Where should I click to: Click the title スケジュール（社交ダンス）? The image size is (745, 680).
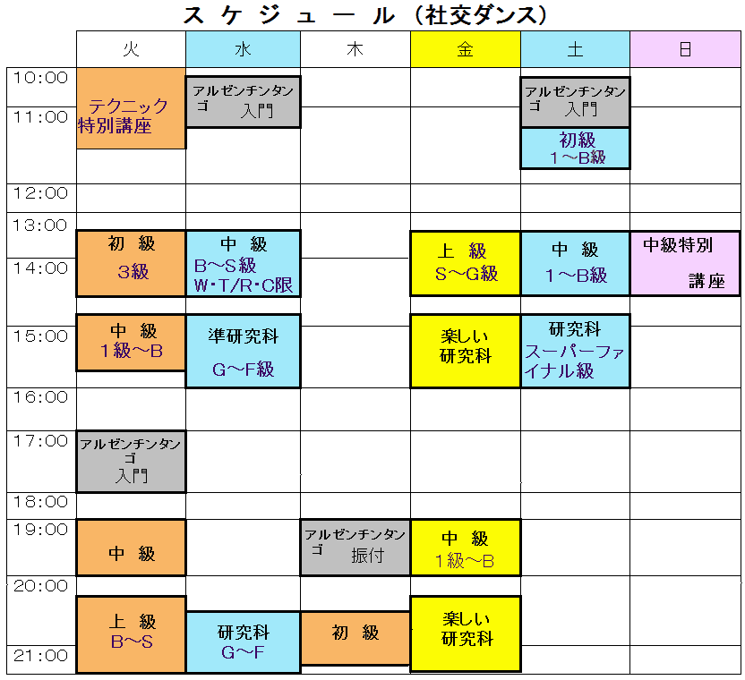pos(365,15)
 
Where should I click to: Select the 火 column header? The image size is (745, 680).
pos(131,49)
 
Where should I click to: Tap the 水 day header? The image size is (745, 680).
pos(243,49)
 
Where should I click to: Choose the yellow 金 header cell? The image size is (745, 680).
pos(465,49)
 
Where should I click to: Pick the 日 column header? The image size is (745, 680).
pos(685,49)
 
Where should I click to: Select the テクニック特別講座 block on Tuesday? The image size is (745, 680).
pos(131,108)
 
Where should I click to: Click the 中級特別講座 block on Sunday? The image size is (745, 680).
pos(685,263)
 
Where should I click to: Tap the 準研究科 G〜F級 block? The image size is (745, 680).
pos(243,351)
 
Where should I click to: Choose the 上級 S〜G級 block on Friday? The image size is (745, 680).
pos(465,263)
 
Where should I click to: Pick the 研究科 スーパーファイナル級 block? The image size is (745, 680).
pos(575,351)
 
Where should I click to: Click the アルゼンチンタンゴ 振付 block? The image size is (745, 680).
pos(355,547)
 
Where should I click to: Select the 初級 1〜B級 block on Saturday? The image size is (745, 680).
pos(575,148)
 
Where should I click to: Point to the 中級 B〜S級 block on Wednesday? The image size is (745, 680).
pos(243,263)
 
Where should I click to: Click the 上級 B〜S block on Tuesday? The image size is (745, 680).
pos(131,633)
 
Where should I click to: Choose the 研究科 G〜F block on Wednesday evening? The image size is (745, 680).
pos(243,642)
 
